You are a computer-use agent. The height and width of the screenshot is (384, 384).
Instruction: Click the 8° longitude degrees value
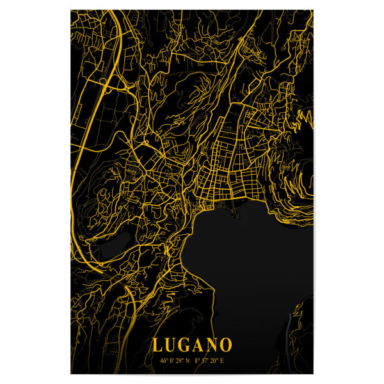click(197, 360)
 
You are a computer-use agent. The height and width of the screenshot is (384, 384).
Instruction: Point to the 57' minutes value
click(206, 360)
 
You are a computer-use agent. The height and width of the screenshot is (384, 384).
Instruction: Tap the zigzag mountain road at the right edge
click(306, 118)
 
